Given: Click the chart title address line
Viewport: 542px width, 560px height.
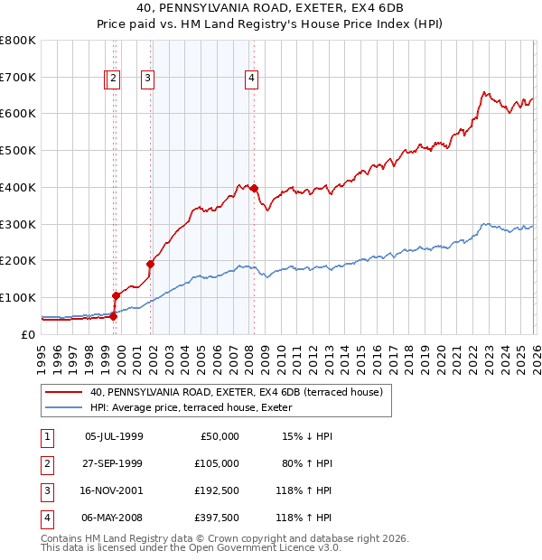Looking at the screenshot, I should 271,8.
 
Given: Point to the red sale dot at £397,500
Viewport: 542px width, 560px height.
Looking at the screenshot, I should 255,188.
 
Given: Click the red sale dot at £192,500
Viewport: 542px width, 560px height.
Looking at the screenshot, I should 151,264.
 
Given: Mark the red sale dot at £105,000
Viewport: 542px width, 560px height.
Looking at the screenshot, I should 116,295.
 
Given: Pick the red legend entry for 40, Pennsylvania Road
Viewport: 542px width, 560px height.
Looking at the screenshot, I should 237,392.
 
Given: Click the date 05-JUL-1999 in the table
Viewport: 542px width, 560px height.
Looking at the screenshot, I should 114,436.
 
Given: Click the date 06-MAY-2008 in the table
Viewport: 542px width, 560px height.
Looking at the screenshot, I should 114,519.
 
